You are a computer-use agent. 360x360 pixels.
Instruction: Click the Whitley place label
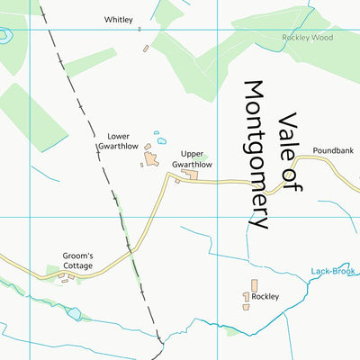[118, 19]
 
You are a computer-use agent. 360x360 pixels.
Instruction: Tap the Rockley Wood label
[307, 37]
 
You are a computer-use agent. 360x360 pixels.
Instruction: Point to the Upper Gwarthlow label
[191, 159]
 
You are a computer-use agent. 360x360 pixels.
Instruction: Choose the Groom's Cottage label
[77, 260]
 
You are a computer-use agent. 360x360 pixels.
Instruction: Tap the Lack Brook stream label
[333, 271]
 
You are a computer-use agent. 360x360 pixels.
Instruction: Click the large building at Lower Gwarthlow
[150, 159]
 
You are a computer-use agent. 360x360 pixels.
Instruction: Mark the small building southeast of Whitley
[146, 48]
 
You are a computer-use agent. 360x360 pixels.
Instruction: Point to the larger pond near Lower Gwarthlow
[162, 140]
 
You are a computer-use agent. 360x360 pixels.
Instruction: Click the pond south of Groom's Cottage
[74, 314]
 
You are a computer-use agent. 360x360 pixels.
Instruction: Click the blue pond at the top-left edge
[4, 36]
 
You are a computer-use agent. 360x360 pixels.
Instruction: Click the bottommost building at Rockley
[245, 307]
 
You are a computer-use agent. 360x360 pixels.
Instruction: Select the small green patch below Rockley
[232, 331]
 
